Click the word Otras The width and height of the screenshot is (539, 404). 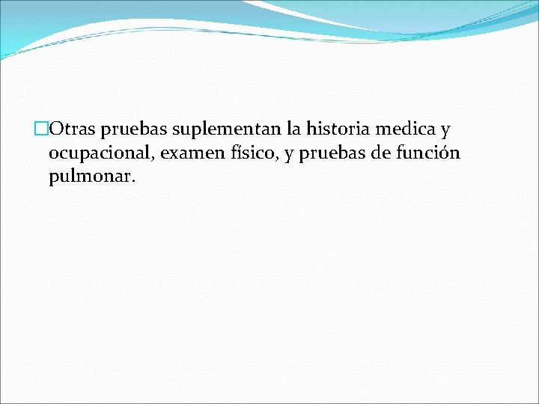[x=71, y=129]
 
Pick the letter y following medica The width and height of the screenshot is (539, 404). [x=445, y=132]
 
